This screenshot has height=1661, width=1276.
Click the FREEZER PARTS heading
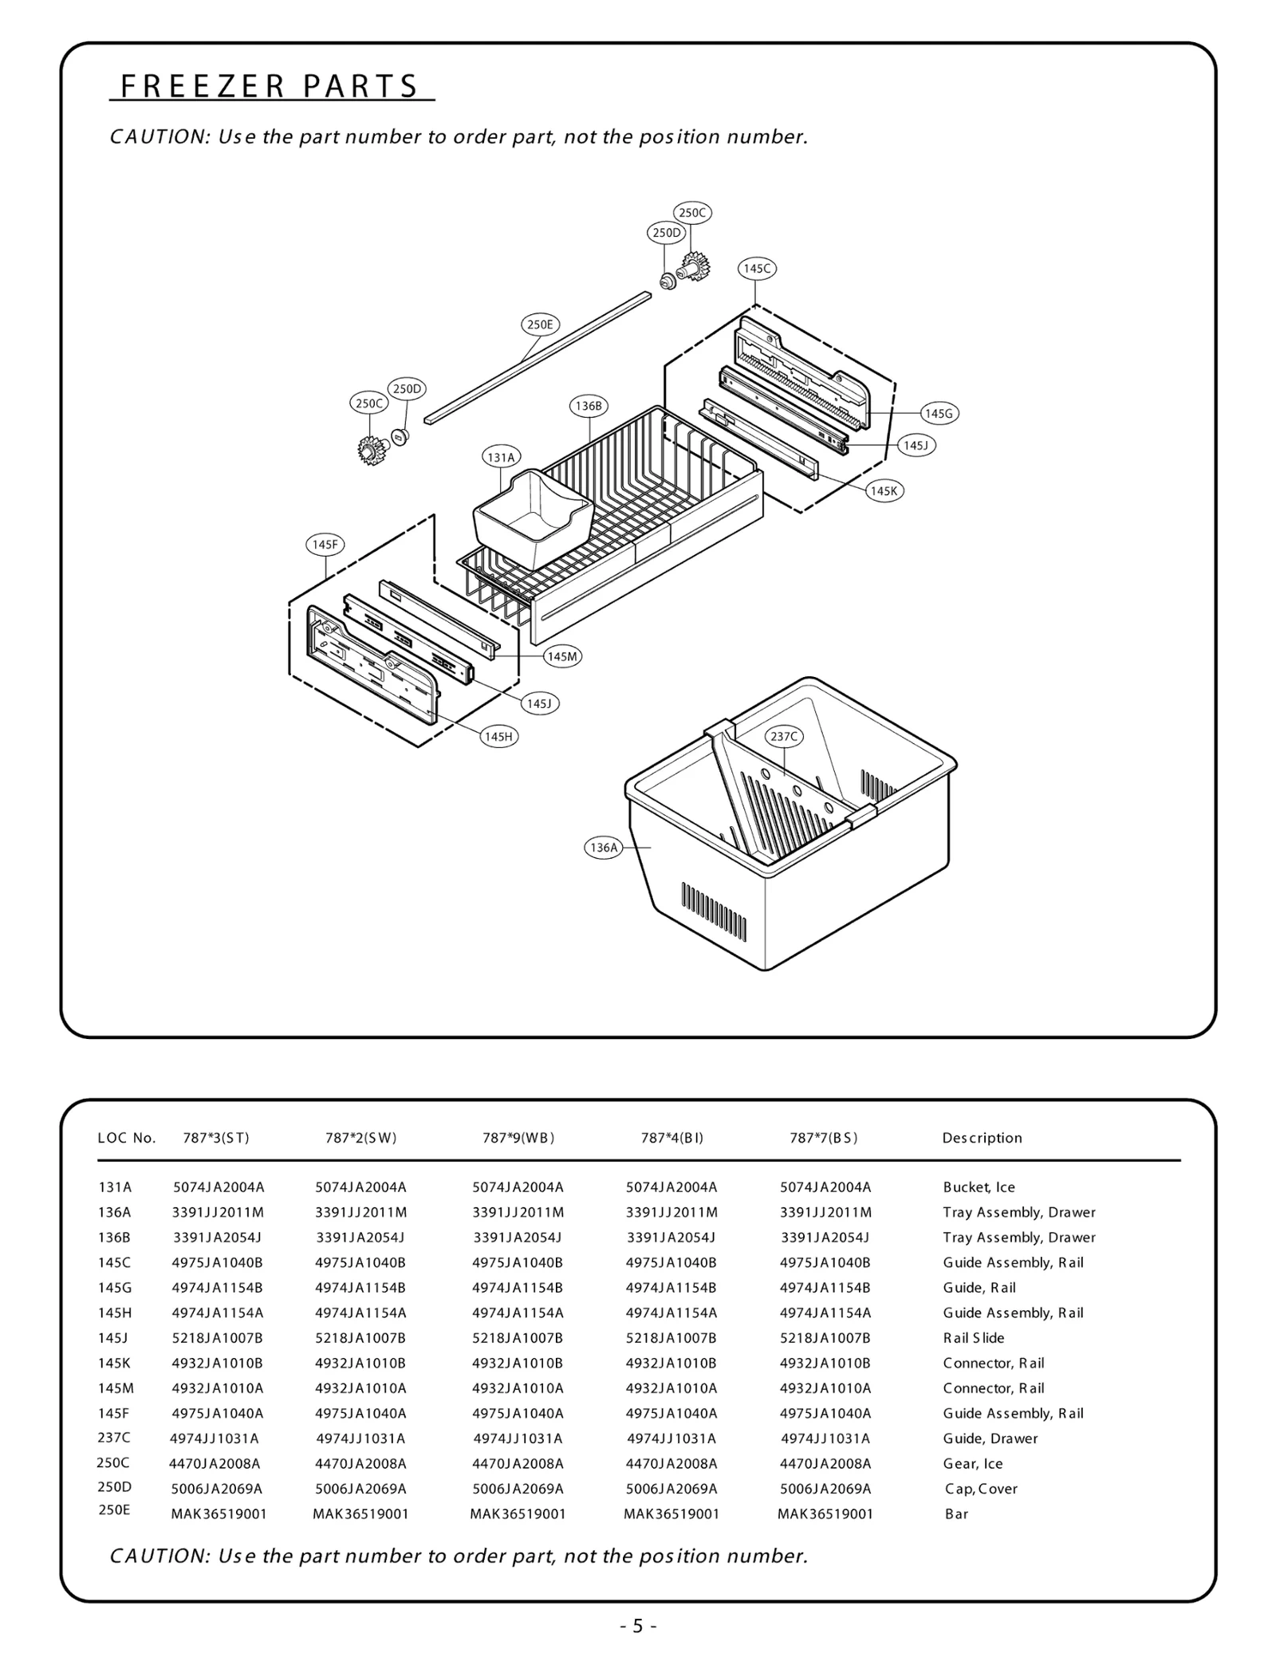[270, 86]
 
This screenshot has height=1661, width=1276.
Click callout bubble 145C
[756, 269]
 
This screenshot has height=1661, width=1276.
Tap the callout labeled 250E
[540, 325]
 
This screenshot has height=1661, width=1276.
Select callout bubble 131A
[501, 458]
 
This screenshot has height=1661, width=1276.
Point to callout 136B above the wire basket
[589, 406]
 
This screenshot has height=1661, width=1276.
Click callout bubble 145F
[325, 545]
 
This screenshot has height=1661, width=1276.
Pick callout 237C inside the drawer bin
[783, 737]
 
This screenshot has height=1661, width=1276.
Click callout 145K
[884, 491]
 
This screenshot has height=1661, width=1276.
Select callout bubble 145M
[562, 656]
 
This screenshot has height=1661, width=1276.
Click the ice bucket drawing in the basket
[533, 514]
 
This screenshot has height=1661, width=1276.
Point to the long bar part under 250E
[539, 358]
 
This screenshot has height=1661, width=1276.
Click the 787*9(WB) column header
[518, 1138]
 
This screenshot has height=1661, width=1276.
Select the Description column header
[982, 1138]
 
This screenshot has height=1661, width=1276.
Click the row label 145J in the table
[113, 1337]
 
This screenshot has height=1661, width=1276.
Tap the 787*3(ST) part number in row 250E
[219, 1513]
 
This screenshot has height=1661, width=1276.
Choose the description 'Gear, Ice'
[972, 1463]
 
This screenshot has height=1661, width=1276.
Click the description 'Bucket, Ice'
[979, 1187]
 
